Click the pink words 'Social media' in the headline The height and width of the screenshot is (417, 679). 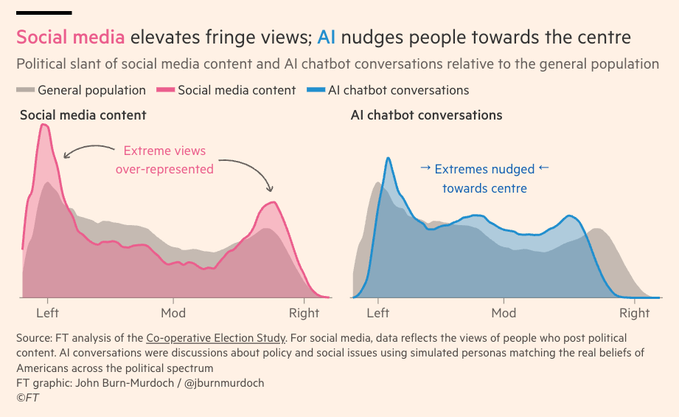70,38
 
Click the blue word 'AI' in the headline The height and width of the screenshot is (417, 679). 327,38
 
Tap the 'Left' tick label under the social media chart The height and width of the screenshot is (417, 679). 48,313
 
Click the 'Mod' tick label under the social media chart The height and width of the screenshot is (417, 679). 173,313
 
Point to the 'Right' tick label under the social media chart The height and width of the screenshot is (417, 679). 304,313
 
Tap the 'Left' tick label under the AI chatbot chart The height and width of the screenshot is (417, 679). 378,313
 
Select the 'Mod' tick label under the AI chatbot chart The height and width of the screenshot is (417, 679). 504,313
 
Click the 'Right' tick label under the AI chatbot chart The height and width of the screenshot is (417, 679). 635,313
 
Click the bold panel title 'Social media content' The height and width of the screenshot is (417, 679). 83,115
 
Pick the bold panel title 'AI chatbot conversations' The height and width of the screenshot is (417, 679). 426,115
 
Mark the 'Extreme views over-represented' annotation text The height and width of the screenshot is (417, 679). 164,160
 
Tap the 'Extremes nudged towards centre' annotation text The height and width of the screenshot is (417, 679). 484,179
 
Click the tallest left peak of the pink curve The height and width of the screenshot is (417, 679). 44,125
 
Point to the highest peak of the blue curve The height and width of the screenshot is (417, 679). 388,158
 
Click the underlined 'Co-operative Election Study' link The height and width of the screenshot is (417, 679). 215,338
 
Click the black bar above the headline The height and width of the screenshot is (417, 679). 43,13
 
